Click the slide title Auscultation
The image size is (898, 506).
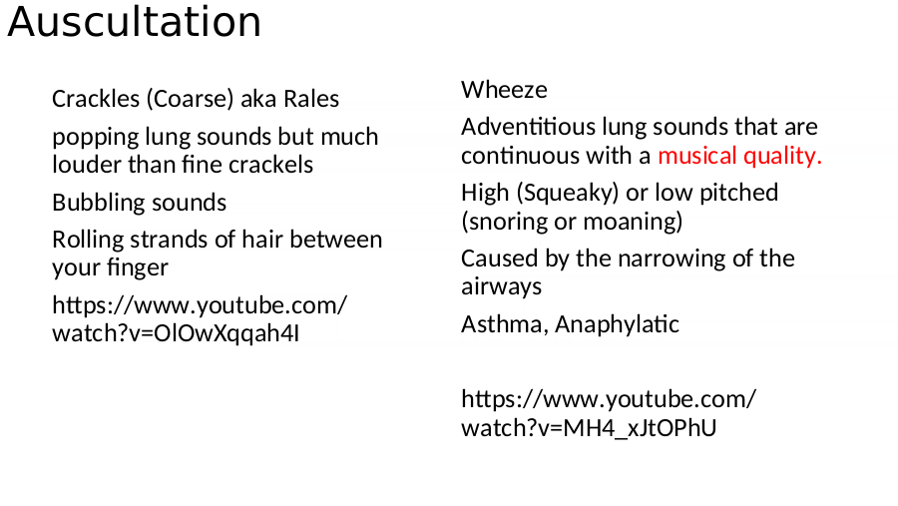(x=134, y=22)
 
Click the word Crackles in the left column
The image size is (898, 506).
(x=96, y=99)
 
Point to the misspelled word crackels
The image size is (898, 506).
(x=270, y=165)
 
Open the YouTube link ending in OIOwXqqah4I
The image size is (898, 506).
(x=200, y=319)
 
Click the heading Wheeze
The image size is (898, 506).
(x=504, y=90)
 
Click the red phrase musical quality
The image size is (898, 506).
(x=739, y=156)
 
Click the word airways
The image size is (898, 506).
(x=501, y=287)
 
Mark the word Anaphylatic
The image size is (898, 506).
(x=617, y=325)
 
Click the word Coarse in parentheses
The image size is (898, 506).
(x=191, y=99)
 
